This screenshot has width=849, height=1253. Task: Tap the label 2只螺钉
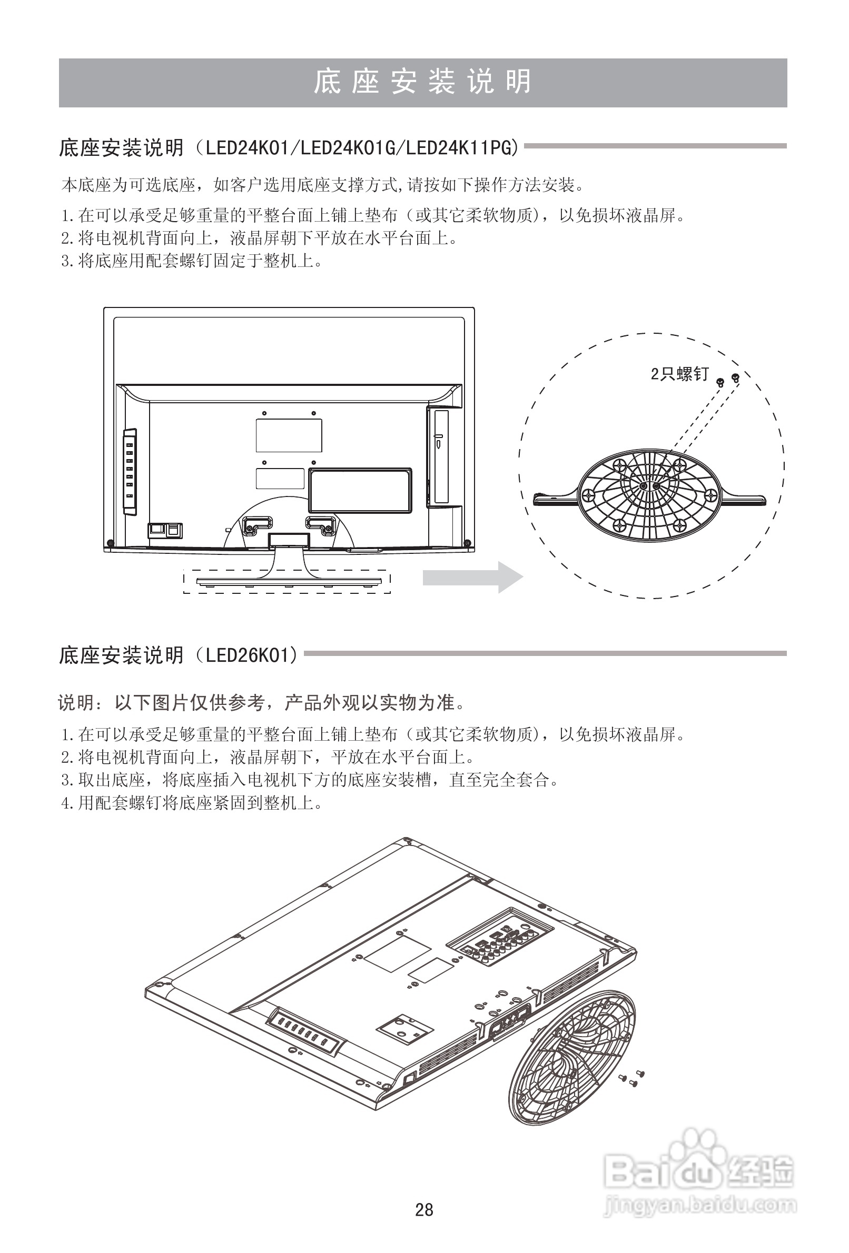[679, 374]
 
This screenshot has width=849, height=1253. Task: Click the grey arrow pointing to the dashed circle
[472, 577]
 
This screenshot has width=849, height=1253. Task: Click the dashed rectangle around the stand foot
[287, 581]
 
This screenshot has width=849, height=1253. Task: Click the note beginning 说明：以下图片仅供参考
[262, 702]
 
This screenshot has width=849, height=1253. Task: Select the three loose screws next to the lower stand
[631, 1077]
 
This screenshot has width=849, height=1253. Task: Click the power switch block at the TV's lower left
[165, 531]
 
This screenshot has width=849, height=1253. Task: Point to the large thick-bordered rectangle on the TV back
[360, 490]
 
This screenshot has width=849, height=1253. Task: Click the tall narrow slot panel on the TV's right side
[441, 456]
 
